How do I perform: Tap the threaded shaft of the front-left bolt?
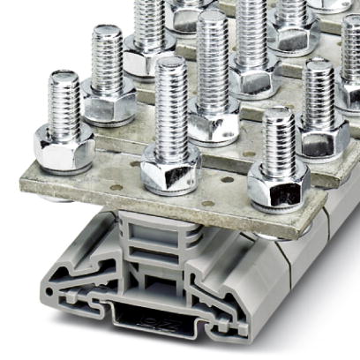[65, 101]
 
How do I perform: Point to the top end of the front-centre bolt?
[170, 64]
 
